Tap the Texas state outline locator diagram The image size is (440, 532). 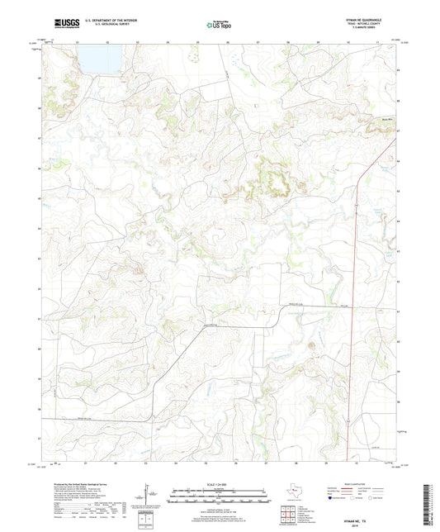tap(295, 494)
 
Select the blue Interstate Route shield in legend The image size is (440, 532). tap(332, 498)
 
